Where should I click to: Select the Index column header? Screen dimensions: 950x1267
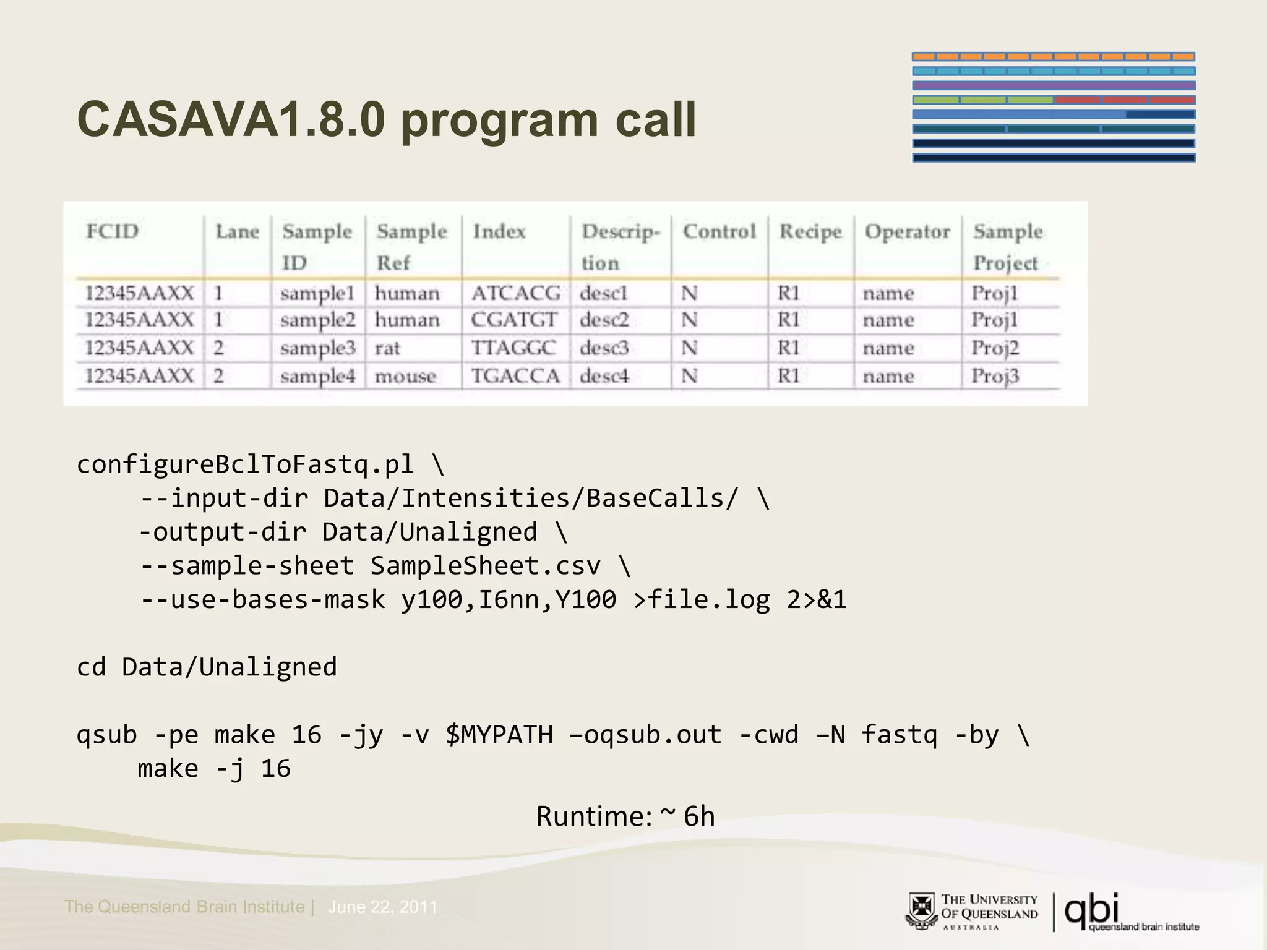click(x=499, y=232)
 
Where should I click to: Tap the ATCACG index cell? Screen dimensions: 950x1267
click(x=515, y=293)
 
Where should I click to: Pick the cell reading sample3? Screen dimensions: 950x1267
click(x=317, y=348)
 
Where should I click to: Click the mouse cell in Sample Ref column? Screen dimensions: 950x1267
click(x=405, y=377)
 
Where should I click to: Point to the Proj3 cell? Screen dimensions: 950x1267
click(x=994, y=377)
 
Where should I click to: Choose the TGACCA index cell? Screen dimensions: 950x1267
click(x=515, y=377)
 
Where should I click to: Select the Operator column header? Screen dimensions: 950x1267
click(x=907, y=232)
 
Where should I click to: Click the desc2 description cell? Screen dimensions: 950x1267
click(x=604, y=320)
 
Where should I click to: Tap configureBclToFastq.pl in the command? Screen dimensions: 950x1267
click(x=245, y=464)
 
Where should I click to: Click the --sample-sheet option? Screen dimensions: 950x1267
click(x=247, y=566)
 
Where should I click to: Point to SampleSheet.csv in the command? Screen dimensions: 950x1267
click(x=485, y=566)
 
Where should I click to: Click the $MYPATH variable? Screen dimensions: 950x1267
click(x=499, y=735)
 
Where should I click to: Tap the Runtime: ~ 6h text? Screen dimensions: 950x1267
click(x=625, y=816)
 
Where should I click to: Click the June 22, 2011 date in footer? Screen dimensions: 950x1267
click(x=382, y=907)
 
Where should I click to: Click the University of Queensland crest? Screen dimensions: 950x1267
click(x=922, y=911)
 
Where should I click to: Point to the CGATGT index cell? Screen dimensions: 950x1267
click(x=513, y=320)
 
